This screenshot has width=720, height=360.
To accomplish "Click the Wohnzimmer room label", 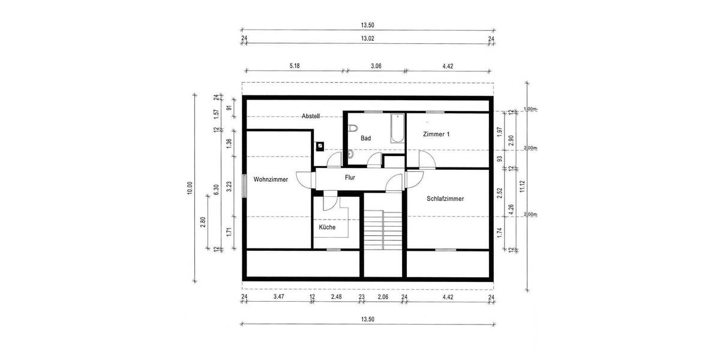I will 271,179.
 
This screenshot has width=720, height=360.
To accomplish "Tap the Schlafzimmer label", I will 445,199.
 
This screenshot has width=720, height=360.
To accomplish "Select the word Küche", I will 327,227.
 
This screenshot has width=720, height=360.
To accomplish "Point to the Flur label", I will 350,178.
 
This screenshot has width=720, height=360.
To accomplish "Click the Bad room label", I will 365,138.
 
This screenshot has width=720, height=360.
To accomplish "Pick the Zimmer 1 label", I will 436,134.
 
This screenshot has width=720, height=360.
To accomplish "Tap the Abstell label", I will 311,116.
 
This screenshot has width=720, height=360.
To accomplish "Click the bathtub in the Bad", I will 397,128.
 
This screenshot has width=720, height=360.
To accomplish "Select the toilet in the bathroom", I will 353,128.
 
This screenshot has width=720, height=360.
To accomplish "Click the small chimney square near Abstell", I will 320,145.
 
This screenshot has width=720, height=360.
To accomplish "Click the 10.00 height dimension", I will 190,188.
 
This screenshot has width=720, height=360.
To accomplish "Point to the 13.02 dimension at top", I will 367,39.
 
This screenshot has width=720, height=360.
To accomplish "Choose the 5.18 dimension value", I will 294,65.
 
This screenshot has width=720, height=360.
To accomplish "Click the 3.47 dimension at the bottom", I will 278,297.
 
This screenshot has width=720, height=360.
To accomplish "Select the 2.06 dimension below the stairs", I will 383,297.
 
